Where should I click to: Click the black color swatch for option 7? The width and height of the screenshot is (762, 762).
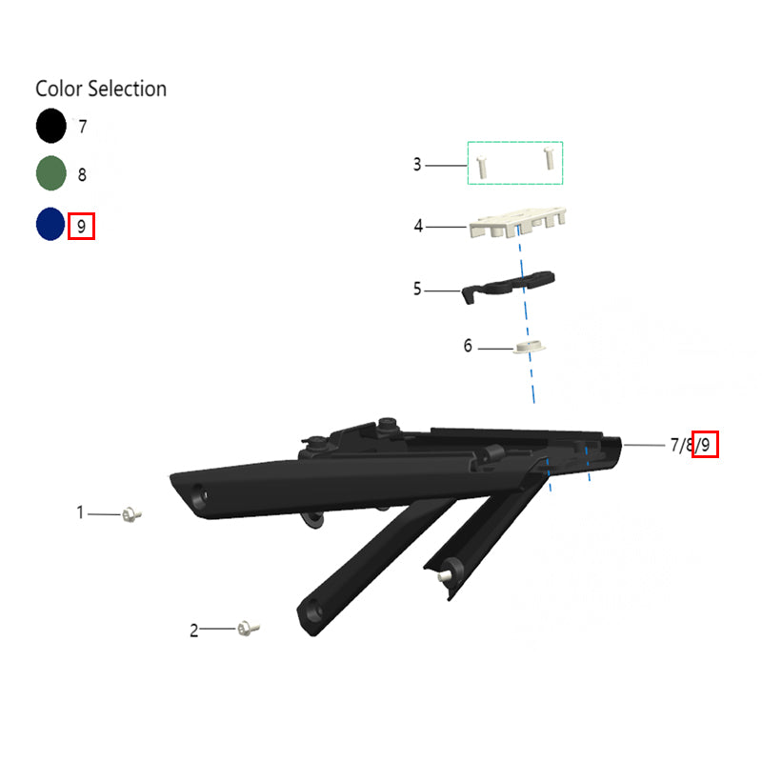pos(51,126)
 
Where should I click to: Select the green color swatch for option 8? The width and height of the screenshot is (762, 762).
pos(51,173)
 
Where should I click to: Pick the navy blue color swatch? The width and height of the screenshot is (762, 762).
pos(50,224)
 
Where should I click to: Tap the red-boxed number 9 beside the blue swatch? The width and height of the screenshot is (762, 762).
pos(81,226)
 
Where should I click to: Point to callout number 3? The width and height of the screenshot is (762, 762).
pos(417,164)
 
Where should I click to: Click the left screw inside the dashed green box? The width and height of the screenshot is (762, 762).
pos(481,167)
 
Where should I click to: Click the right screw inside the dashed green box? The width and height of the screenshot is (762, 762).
pos(550,158)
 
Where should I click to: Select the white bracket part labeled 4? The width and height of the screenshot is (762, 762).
pos(517,223)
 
